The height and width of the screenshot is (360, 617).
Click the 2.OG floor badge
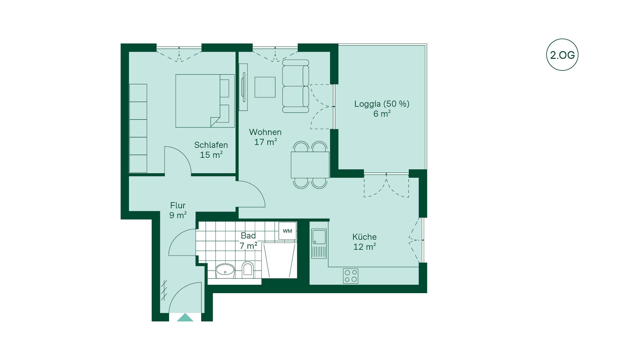562,55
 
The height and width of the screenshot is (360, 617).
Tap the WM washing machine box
287,231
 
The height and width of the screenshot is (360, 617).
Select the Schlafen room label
211,145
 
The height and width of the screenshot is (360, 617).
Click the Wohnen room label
265,132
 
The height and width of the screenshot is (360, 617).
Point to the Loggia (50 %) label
382,104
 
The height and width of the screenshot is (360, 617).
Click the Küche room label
364,237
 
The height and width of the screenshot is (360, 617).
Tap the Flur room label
178,205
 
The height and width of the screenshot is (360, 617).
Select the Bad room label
248,236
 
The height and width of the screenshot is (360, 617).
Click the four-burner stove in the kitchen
351,276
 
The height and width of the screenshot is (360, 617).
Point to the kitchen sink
319,243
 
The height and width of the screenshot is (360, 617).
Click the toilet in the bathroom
248,269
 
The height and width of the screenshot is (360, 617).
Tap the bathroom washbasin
225,271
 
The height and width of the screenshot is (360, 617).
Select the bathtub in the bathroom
279,260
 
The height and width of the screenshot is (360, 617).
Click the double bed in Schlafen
205,101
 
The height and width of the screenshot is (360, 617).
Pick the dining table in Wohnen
310,165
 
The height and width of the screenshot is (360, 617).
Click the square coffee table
265,87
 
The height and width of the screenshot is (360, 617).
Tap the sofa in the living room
296,86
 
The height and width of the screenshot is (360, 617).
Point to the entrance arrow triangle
185,318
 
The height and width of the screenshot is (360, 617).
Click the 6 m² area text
382,113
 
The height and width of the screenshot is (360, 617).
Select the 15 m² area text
211,155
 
